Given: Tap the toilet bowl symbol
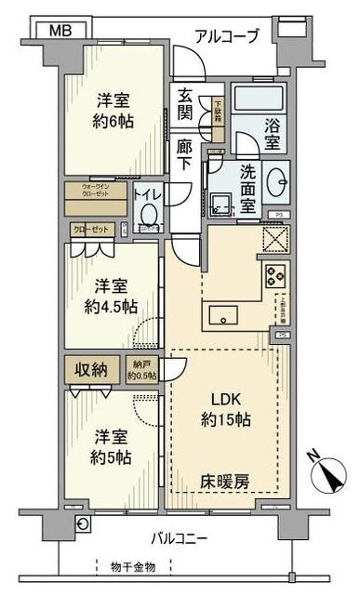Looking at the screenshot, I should pyautogui.click(x=147, y=213).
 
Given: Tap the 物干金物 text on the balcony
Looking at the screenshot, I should pyautogui.click(x=131, y=567).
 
